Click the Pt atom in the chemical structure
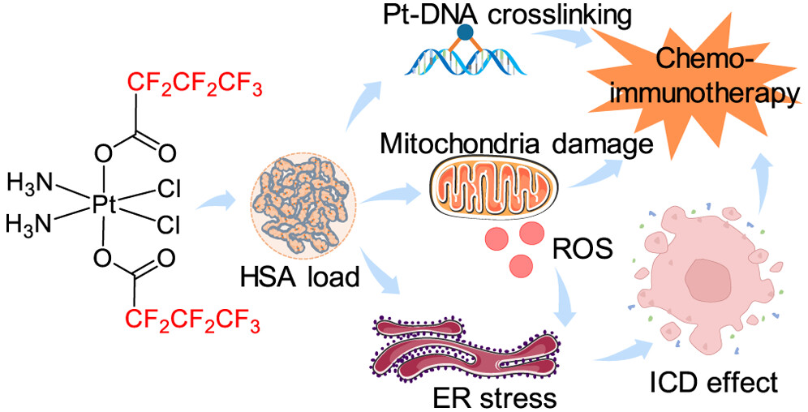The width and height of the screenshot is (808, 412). click(105, 204)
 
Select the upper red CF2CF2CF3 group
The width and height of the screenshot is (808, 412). click(194, 84)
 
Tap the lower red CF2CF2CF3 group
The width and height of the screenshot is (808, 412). click(194, 324)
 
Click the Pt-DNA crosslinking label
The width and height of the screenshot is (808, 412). click(466, 14)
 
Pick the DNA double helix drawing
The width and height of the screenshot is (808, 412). click(465, 62)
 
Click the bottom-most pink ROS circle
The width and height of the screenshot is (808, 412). click(521, 265)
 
